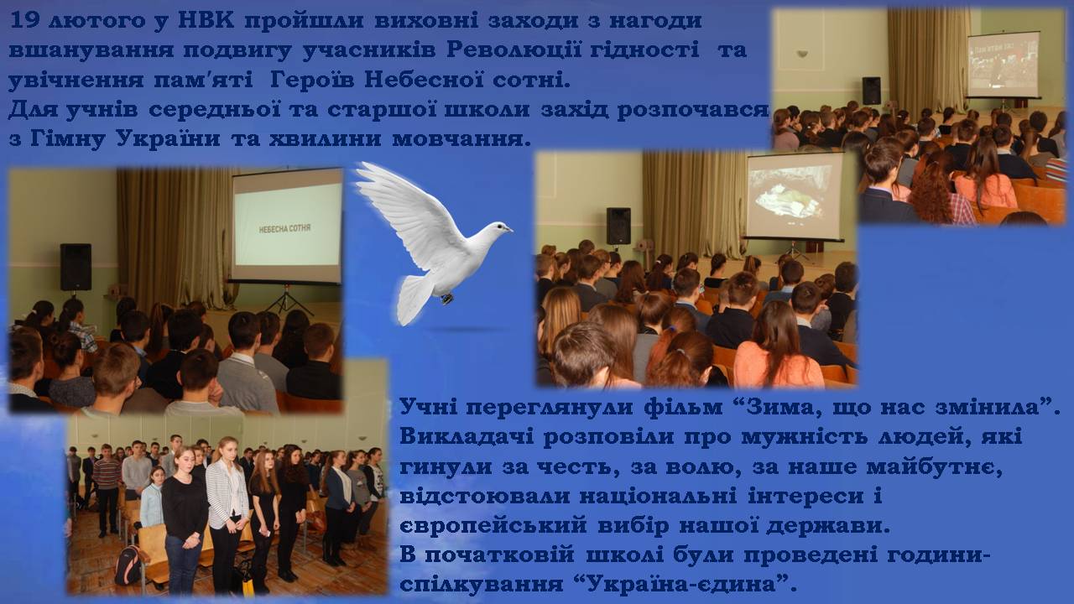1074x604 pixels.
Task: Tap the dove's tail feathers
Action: click(414, 299)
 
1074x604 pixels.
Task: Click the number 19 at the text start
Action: click(24, 21)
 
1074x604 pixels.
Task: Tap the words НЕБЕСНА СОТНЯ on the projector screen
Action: click(284, 229)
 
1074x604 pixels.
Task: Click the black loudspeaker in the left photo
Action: click(76, 267)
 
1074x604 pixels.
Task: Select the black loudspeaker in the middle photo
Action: click(618, 226)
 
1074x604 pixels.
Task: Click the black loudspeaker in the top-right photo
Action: click(871, 91)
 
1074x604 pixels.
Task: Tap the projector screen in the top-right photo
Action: click(1003, 65)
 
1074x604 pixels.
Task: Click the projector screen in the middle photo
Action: click(795, 195)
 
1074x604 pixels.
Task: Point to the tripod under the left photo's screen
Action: click(287, 299)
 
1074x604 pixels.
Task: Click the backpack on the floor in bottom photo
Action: click(128, 565)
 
